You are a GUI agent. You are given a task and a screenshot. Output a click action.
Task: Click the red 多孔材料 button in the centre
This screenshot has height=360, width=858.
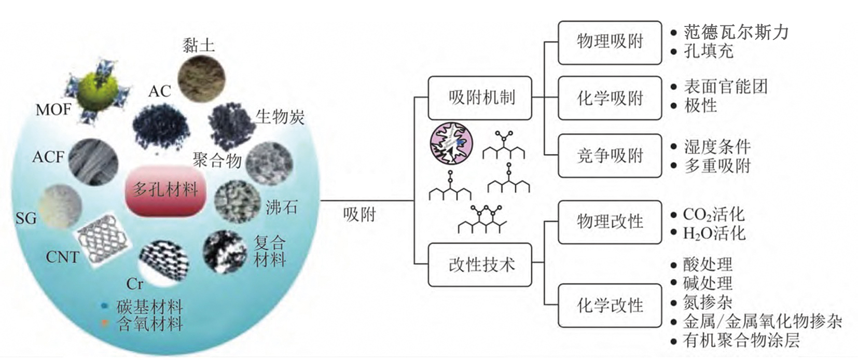coord(165,190)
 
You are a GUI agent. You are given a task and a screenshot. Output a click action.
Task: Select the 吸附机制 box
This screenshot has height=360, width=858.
coord(479,98)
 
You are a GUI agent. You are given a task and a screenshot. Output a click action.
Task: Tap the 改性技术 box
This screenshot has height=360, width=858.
coord(479,265)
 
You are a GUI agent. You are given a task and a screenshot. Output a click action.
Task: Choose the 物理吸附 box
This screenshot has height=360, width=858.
coord(610,42)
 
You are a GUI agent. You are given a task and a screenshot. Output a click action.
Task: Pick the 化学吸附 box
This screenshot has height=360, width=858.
coord(610,98)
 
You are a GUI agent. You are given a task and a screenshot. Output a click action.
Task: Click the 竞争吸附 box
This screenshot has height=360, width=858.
coord(610,155)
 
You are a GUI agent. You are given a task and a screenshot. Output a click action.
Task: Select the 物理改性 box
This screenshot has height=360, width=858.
coord(610,221)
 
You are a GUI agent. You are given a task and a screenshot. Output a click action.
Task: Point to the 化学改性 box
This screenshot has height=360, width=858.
coord(610,305)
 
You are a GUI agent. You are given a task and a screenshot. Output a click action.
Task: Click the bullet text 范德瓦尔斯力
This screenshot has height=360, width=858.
coord(736,33)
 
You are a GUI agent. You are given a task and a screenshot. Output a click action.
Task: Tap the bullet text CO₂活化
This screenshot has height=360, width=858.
coord(713,214)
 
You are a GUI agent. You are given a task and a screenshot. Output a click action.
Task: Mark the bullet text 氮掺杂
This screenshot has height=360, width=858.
coord(708,302)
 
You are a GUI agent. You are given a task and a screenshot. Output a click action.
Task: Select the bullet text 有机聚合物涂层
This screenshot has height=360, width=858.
coord(741,341)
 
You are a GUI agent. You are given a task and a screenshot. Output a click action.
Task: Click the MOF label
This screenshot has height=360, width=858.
coord(53,109)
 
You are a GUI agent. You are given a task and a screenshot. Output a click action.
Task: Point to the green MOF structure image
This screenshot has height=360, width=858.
coord(99,92)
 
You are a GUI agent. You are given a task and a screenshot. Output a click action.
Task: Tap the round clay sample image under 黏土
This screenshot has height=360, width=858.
coord(202,78)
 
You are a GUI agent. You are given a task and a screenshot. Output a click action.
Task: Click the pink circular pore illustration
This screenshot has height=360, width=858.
coord(451,143)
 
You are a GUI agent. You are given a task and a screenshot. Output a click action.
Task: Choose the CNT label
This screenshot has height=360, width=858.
coord(62,257)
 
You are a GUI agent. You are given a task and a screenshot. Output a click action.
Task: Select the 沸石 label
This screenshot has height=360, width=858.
coord(281,207)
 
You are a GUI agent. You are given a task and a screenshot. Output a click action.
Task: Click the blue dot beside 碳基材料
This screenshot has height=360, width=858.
coord(105,307)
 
